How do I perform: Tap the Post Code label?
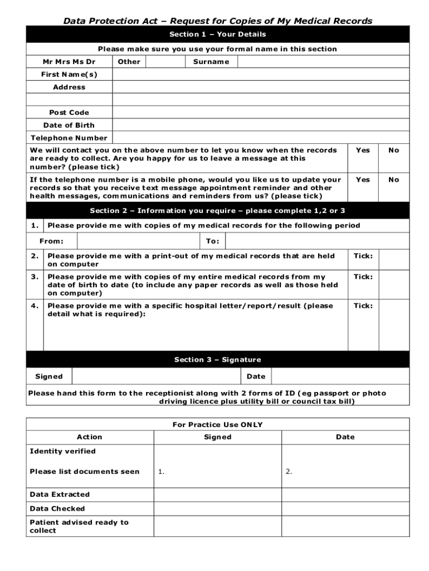pyautogui.click(x=69, y=113)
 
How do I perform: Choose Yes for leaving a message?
pyautogui.click(x=363, y=151)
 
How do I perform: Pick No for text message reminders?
pyautogui.click(x=394, y=180)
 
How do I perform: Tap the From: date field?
pyautogui.click(x=138, y=241)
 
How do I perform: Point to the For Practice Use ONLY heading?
pyautogui.click(x=218, y=425)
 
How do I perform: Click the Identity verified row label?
pyautogui.click(x=62, y=451)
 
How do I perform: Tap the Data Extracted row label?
pyautogui.click(x=60, y=495)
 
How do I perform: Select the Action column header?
pyautogui.click(x=90, y=437)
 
